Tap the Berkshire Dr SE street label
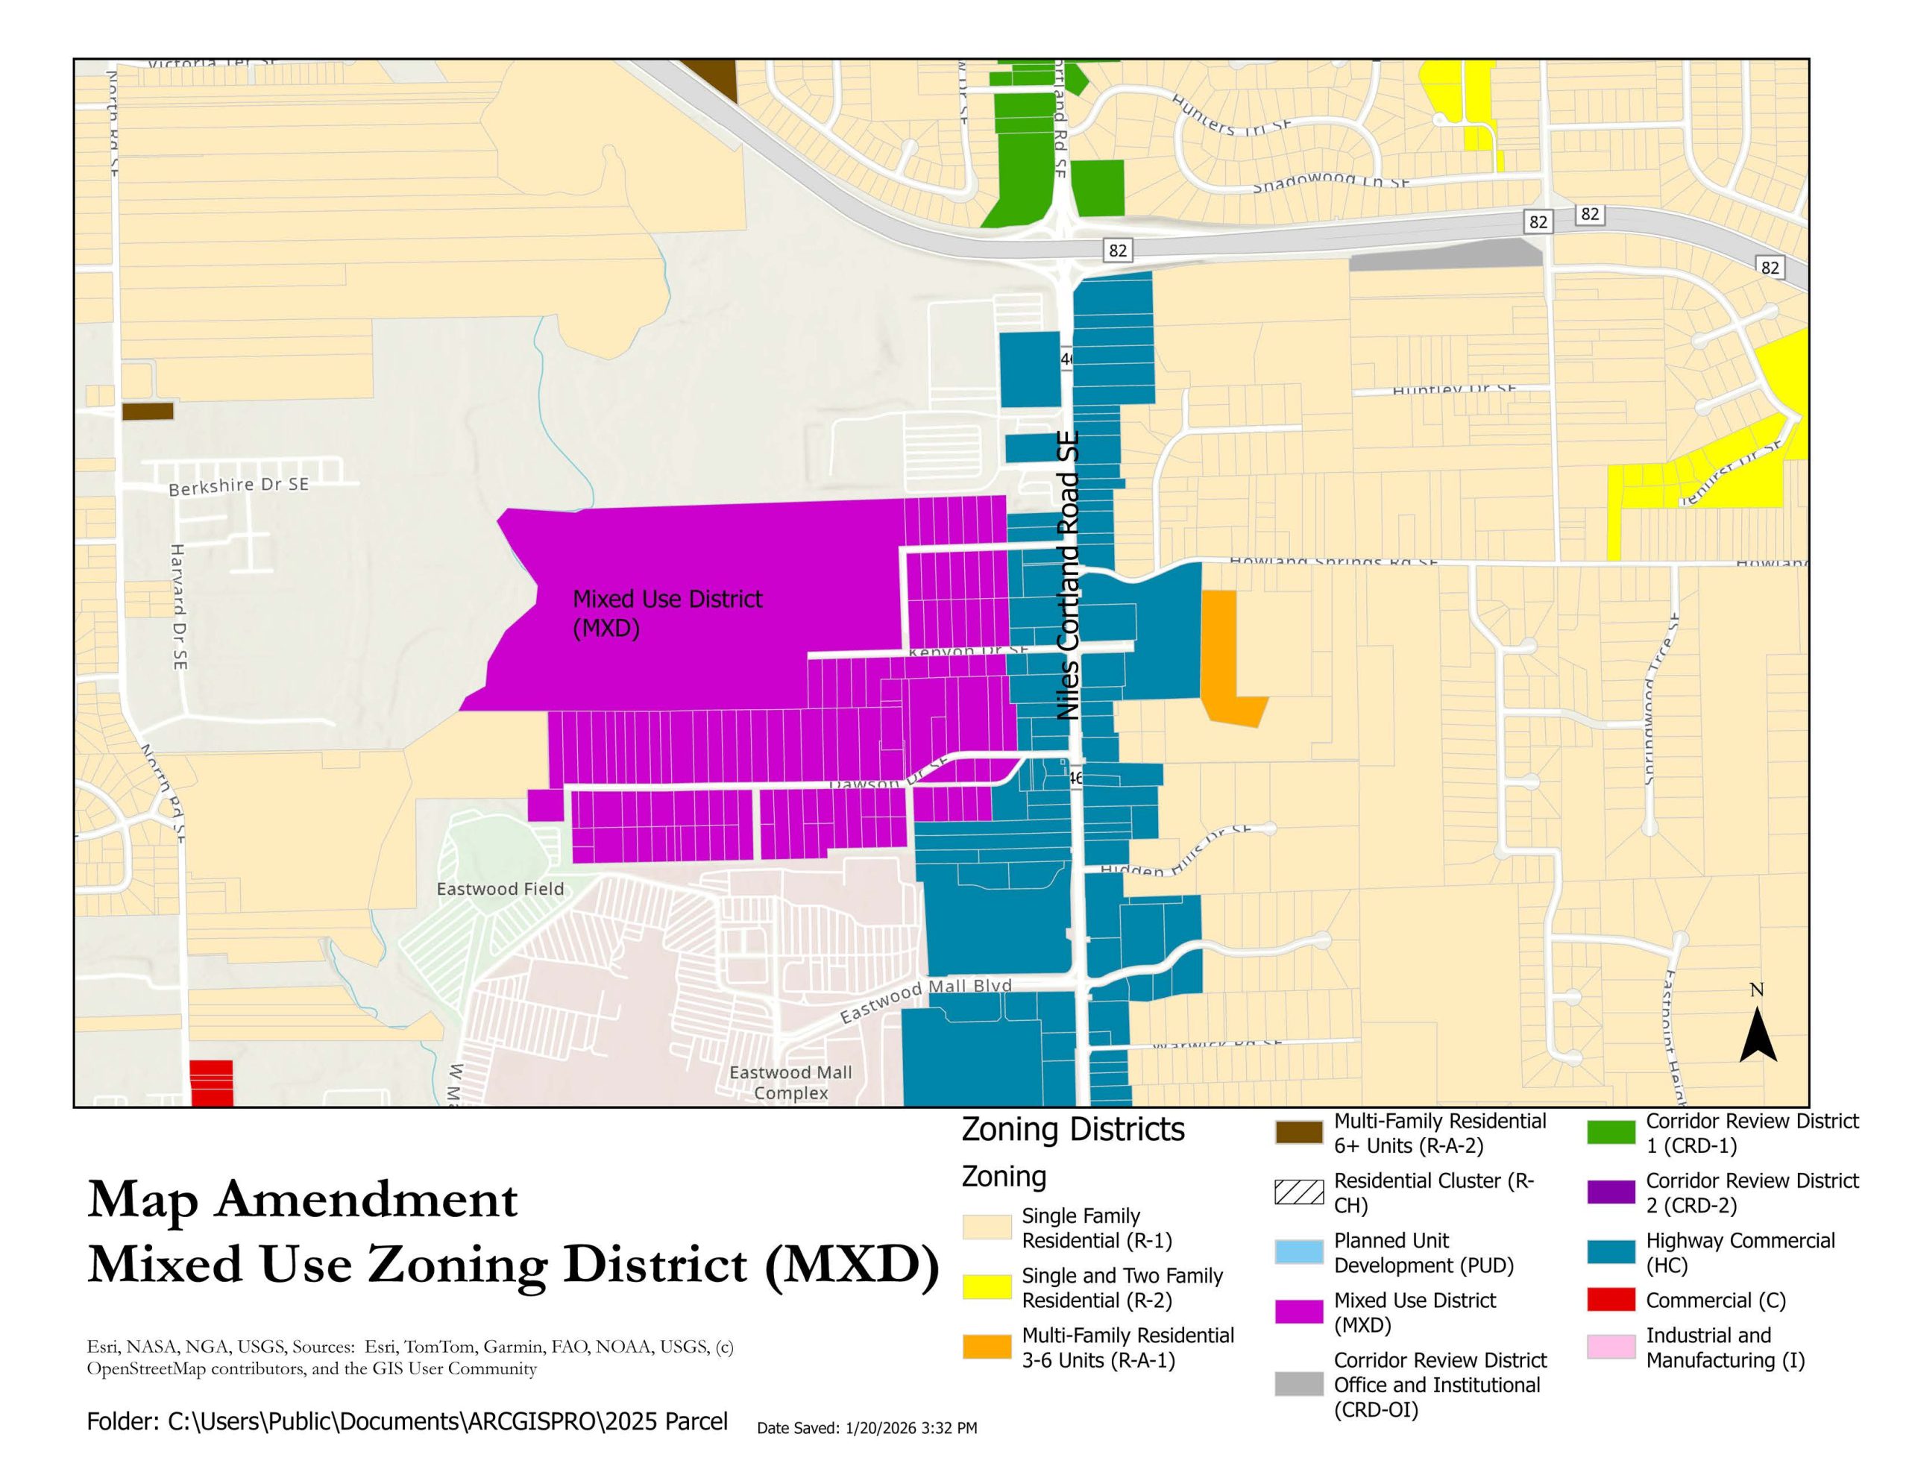pyautogui.click(x=239, y=485)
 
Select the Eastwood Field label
pyautogui.click(x=500, y=889)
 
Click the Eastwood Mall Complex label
pyautogui.click(x=790, y=1083)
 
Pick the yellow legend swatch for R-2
pyautogui.click(x=987, y=1287)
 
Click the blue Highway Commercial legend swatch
pyautogui.click(x=1611, y=1252)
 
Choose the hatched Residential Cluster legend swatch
pyautogui.click(x=1298, y=1192)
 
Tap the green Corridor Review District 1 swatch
pyautogui.click(x=1611, y=1132)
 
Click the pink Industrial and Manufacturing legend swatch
pyautogui.click(x=1611, y=1347)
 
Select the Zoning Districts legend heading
pyautogui.click(x=1072, y=1130)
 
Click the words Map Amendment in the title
pyautogui.click(x=303, y=1200)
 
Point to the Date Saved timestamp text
pyautogui.click(x=867, y=1428)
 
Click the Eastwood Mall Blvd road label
pyautogui.click(x=925, y=999)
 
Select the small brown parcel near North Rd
pyautogui.click(x=147, y=411)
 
